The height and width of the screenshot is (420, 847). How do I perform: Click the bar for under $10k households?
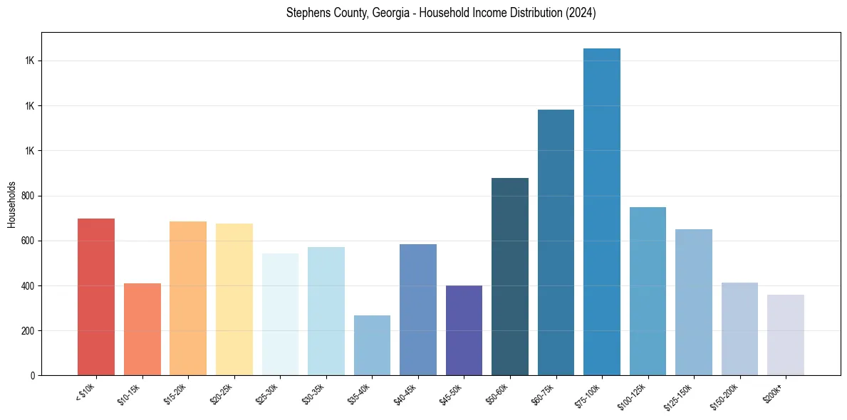[x=96, y=297]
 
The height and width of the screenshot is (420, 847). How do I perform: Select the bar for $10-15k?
[x=142, y=329]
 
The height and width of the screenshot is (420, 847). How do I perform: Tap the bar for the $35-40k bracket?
[x=372, y=345]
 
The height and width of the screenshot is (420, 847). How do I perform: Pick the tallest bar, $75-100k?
[x=602, y=211]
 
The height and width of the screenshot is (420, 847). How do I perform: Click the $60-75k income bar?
[x=556, y=242]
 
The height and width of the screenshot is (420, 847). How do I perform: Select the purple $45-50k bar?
[x=464, y=330]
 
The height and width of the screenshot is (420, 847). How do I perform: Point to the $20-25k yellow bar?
[x=234, y=299]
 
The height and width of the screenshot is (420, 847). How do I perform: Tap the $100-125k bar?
[x=648, y=291]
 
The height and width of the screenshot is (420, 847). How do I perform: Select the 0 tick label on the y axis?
[x=33, y=376]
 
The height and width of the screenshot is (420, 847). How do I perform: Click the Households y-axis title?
[x=11, y=204]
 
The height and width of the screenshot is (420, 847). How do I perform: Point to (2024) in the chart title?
[x=581, y=13]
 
